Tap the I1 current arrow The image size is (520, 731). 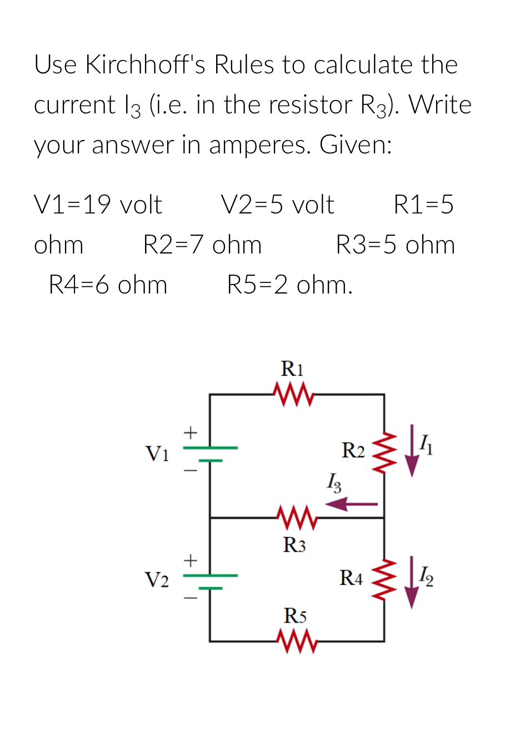pyautogui.click(x=411, y=451)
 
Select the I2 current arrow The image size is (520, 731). pyautogui.click(x=411, y=582)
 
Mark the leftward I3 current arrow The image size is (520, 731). pyautogui.click(x=351, y=504)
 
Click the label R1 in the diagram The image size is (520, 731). pyautogui.click(x=292, y=368)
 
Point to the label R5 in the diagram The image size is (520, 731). pyautogui.click(x=295, y=616)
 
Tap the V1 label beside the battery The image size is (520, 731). pyautogui.click(x=156, y=454)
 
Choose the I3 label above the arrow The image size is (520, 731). pyautogui.click(x=334, y=481)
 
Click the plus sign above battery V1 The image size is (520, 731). pyautogui.click(x=191, y=432)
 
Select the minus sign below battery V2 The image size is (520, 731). pyautogui.click(x=191, y=599)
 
